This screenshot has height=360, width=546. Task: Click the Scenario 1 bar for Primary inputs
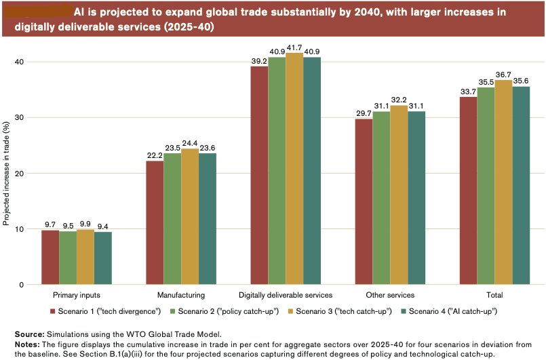(x=50, y=258)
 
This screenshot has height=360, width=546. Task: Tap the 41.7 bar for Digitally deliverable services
(x=294, y=169)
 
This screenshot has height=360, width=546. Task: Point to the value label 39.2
(x=258, y=60)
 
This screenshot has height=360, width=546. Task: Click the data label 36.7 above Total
(x=503, y=73)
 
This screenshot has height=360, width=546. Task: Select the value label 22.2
(x=155, y=155)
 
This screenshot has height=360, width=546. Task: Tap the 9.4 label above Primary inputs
(x=103, y=226)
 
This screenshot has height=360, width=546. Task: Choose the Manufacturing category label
(x=181, y=296)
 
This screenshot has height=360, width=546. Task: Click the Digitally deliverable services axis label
(x=286, y=296)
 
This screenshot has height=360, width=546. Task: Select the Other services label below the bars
(x=390, y=296)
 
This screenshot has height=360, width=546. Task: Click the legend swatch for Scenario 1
(x=53, y=311)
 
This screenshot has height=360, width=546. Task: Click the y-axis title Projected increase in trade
(x=6, y=173)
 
